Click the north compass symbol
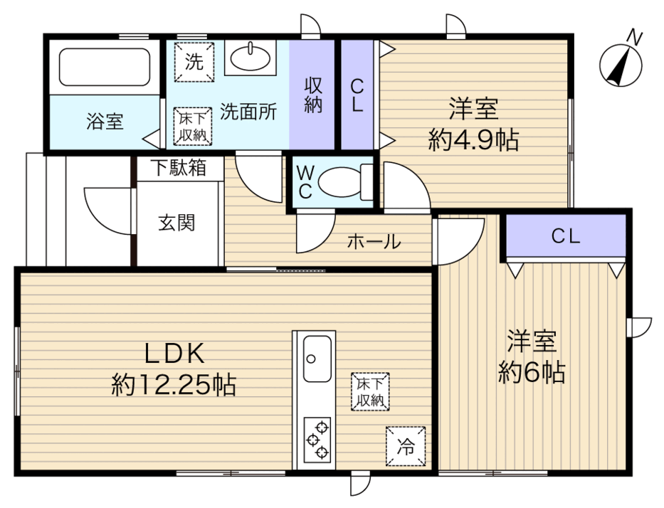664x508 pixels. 621,64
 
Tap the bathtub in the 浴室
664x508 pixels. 104,67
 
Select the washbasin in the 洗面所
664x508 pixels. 251,58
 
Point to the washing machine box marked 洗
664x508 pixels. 194,62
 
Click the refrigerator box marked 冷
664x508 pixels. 405,446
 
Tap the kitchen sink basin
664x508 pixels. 317,359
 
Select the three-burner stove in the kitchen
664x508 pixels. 317,440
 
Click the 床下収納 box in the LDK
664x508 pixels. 370,391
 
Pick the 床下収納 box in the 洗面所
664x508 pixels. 193,127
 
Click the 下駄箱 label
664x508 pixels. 179,168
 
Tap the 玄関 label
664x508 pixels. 176,223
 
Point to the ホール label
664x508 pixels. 374,241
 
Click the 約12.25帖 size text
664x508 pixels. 174,384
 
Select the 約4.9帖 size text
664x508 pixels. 473,139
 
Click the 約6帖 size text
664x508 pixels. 532,371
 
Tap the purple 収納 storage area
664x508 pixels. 312,95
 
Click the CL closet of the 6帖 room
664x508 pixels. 566,236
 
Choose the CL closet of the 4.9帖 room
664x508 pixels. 357,95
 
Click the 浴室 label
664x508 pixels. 105,121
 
